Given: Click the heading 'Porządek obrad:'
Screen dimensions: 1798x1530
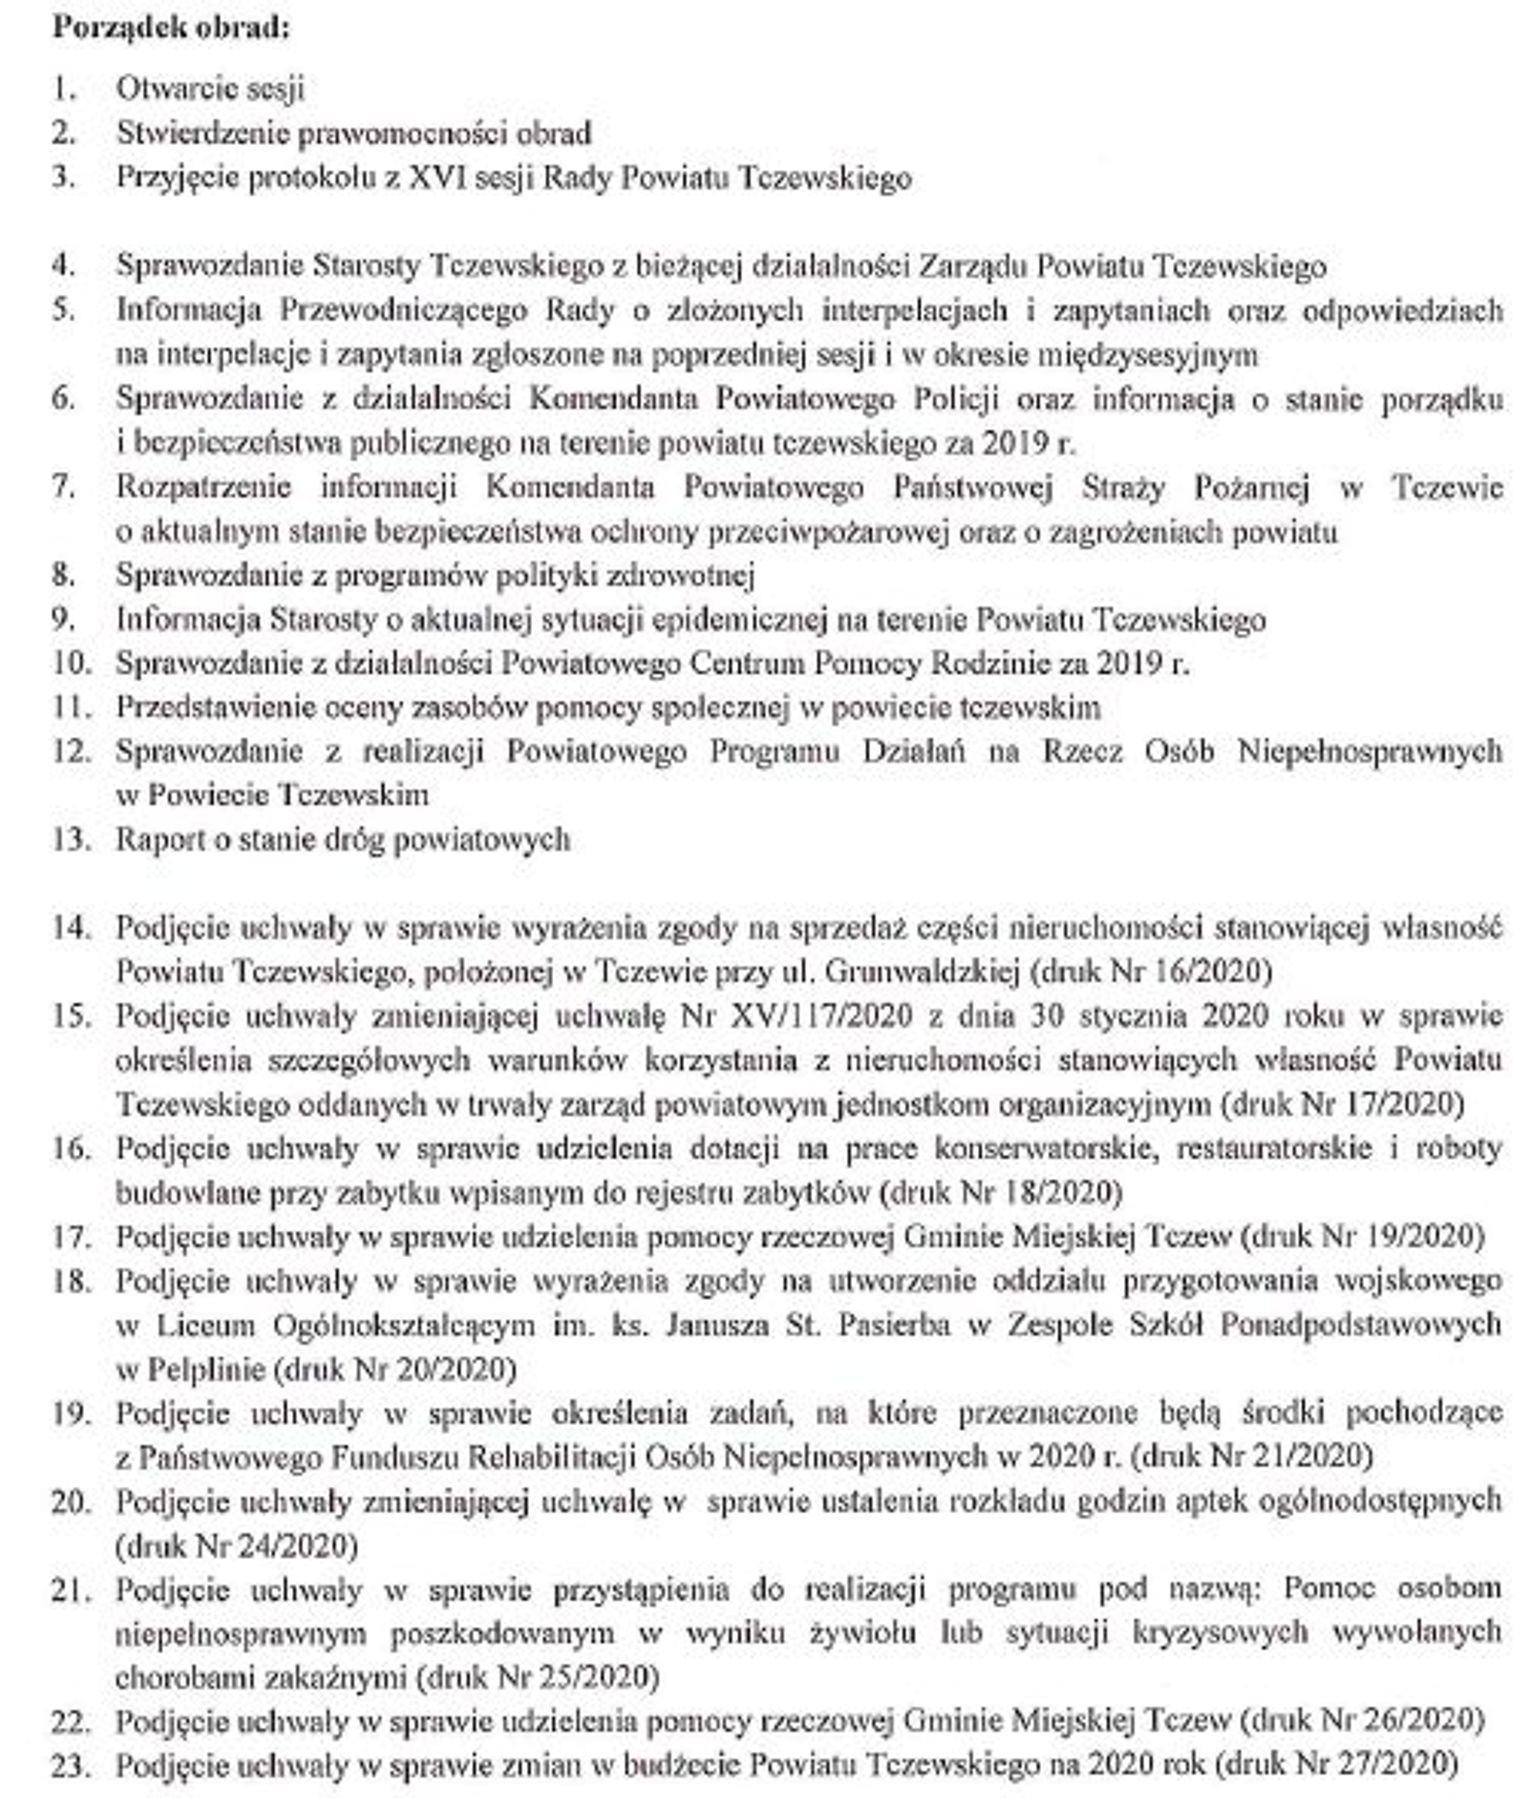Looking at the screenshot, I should (171, 27).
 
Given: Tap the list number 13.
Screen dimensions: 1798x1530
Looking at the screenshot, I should (71, 839).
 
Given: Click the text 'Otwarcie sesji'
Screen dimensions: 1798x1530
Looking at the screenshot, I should (210, 89).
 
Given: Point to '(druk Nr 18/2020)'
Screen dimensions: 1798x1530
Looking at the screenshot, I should (1000, 1193).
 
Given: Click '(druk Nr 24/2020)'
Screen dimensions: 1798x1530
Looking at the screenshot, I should (237, 1546).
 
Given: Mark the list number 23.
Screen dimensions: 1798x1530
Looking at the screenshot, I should (71, 1766).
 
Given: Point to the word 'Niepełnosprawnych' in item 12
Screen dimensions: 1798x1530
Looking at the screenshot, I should (1369, 751).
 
